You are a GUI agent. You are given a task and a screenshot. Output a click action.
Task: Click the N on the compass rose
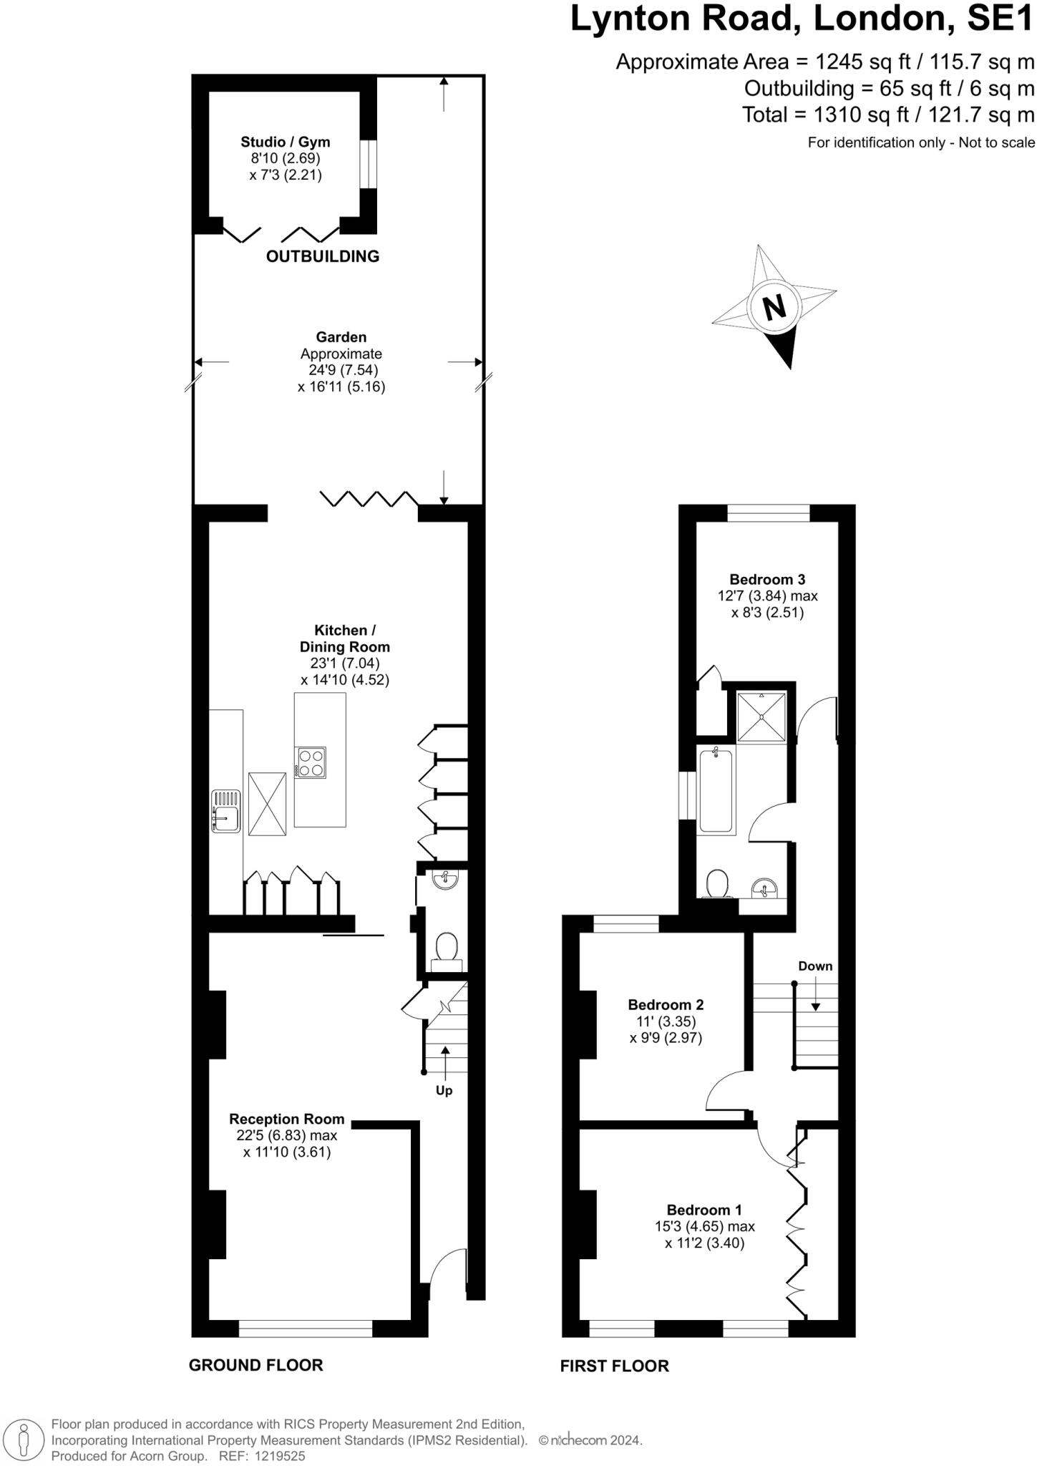click(774, 307)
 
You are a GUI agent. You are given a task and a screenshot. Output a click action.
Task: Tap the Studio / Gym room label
click(285, 142)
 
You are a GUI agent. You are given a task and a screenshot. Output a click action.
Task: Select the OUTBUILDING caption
click(322, 256)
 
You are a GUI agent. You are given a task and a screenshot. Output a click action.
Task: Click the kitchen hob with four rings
click(311, 762)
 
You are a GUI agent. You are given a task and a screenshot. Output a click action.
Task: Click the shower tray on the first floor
click(761, 717)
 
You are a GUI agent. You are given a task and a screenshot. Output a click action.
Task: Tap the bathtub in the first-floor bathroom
click(716, 790)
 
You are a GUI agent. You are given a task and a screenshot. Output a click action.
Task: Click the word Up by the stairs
click(444, 1091)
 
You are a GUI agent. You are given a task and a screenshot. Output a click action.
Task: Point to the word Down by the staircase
click(815, 966)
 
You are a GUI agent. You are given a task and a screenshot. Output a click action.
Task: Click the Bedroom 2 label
click(666, 1005)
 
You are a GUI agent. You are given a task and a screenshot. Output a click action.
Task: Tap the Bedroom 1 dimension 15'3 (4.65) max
click(704, 1226)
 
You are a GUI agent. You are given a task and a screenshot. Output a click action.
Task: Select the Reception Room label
click(286, 1119)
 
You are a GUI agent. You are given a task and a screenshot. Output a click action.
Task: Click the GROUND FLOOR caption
click(255, 1365)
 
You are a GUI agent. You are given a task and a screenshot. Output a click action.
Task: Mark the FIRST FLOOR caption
click(614, 1366)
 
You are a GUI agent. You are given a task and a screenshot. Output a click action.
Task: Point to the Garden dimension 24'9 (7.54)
click(339, 370)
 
